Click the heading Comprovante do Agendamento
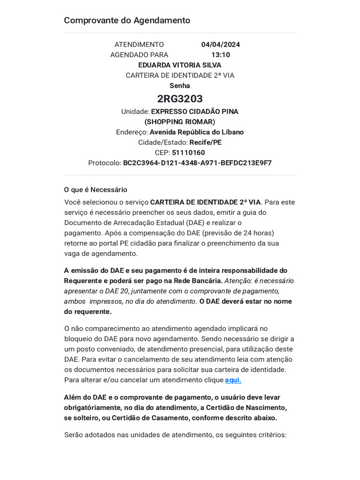[127, 21]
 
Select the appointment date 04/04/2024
[220, 45]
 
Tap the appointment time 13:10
[220, 55]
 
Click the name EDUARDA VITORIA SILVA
[180, 65]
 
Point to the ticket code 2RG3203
[180, 98]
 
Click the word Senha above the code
[180, 86]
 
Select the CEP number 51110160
[188, 153]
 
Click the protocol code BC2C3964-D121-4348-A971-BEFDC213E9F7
[197, 163]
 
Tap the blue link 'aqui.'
[233, 380]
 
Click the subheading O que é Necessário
[96, 190]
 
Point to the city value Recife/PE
[206, 142]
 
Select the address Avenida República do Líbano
[196, 132]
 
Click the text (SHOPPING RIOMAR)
[180, 122]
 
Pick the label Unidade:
[135, 112]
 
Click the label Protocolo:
[105, 163]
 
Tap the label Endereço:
[132, 132]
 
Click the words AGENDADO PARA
[139, 55]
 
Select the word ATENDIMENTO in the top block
[139, 45]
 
